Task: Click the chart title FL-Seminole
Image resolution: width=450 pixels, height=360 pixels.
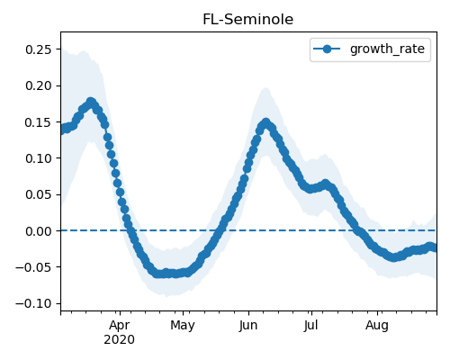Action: coord(248,20)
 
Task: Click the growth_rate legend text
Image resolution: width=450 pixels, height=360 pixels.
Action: coord(387,49)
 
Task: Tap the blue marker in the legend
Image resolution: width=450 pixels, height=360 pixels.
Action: coord(327,49)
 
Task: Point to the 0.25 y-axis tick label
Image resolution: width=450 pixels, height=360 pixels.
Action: coord(39,49)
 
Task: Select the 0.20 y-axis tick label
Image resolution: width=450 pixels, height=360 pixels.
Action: coord(39,85)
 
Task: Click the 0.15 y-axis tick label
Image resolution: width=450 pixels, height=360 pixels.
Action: coord(39,122)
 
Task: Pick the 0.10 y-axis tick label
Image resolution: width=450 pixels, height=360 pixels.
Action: coord(39,158)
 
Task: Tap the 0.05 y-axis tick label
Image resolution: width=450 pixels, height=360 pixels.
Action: coord(39,194)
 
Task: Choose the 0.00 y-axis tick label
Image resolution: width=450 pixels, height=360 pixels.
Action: coord(39,231)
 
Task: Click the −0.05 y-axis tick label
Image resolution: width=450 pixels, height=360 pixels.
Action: coord(34,267)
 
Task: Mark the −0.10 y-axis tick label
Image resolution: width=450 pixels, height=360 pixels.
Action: coord(34,303)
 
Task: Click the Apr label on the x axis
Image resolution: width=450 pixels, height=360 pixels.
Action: coord(120,326)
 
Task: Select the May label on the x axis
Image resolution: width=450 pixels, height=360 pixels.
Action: coord(183,326)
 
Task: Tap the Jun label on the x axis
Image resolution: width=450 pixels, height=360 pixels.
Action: coord(248,326)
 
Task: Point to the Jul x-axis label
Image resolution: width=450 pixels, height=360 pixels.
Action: coord(311,326)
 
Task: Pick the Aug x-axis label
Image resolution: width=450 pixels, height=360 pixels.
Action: coord(377,326)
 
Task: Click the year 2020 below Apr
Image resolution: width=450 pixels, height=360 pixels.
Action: coord(119,340)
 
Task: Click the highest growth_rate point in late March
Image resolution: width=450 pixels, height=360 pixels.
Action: coord(91,102)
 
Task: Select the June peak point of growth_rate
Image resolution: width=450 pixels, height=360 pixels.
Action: coord(265,123)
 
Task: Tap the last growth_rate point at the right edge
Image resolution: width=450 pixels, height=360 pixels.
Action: coord(435,248)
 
